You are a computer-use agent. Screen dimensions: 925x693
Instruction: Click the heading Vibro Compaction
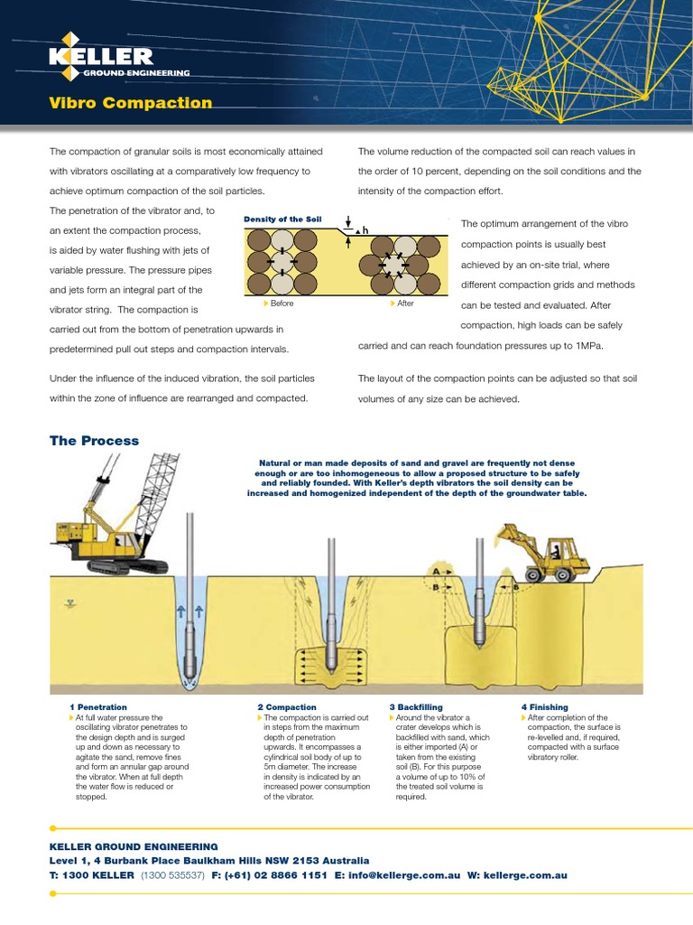tap(131, 103)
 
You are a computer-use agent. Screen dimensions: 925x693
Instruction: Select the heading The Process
tap(95, 441)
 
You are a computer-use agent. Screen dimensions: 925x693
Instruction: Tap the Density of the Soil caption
tap(282, 220)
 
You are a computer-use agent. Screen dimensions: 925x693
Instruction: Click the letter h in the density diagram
tap(365, 232)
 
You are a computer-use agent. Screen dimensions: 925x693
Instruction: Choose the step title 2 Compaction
tap(287, 706)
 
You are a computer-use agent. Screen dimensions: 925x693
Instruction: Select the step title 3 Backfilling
tap(416, 706)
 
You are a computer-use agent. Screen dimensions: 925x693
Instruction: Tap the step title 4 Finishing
tap(544, 706)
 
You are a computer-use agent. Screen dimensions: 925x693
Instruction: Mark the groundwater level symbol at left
tap(68, 603)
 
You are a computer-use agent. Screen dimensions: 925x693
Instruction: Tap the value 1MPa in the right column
tap(585, 346)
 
